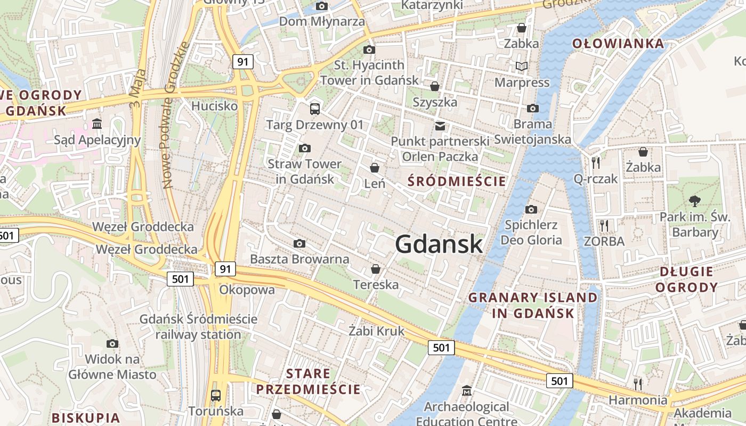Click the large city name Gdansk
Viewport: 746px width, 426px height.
tap(439, 244)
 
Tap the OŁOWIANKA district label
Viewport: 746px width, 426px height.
tap(618, 44)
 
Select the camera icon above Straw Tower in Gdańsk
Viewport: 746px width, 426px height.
tap(305, 148)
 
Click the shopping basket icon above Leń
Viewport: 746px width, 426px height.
tap(375, 168)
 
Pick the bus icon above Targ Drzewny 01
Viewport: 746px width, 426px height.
tap(315, 109)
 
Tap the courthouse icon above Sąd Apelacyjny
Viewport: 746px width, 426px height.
tap(97, 124)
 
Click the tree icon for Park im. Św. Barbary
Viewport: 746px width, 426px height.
tap(694, 201)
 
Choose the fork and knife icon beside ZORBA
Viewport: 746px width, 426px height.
tap(604, 226)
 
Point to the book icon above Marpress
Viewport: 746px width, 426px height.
tap(522, 67)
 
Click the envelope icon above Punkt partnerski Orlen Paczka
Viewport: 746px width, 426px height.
tap(440, 126)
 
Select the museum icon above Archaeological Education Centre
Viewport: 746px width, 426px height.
tap(467, 391)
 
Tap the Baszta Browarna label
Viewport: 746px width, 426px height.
tap(299, 259)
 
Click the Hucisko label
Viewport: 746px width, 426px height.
tap(214, 106)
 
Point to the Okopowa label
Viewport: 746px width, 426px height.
tap(247, 290)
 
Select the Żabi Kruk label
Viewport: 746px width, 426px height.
tap(376, 331)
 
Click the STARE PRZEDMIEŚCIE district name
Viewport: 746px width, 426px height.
tap(309, 381)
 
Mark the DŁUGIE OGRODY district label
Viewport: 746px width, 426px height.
tap(686, 280)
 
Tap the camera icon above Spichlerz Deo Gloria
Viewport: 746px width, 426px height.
tap(531, 209)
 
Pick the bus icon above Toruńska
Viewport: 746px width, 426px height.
tap(216, 396)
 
